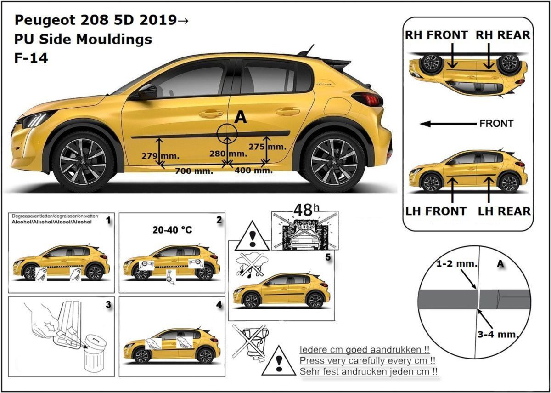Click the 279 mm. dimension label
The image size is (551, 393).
[142, 156]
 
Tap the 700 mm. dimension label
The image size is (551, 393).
[194, 171]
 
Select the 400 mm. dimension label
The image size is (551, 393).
[254, 171]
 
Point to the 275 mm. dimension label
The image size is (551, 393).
[267, 147]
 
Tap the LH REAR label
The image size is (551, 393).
[504, 211]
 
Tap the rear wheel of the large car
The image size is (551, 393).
[334, 161]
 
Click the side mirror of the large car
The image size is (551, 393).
[146, 91]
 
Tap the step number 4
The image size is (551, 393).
[219, 305]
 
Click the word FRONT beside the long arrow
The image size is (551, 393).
[496, 124]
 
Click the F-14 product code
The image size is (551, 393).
[31, 58]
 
